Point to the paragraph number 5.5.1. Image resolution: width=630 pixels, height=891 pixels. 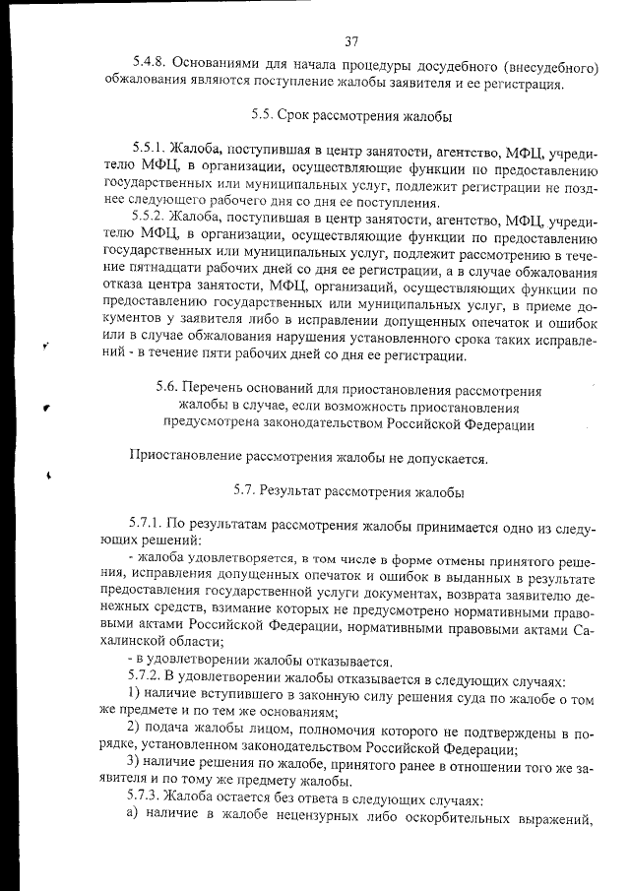149,156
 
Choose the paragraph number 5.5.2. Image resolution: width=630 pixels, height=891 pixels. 149,215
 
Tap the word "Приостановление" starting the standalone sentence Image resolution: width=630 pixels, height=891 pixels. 191,457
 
